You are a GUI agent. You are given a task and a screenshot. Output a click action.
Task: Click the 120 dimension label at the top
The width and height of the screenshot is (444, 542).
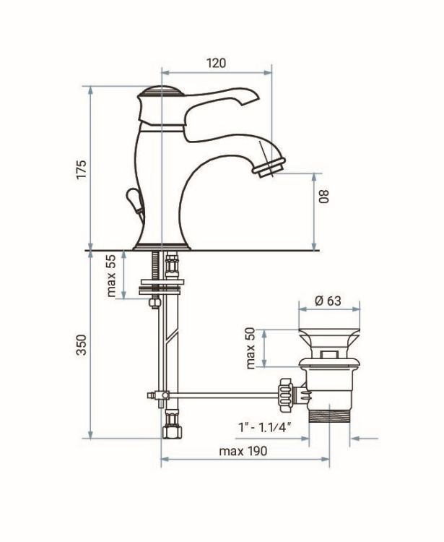[x=216, y=64]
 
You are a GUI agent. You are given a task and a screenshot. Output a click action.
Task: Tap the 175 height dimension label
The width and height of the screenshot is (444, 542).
[x=82, y=169]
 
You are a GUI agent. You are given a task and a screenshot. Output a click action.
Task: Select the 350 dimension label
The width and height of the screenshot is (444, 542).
[x=82, y=345]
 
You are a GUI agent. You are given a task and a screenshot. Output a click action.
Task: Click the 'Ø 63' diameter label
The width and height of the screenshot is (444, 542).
[x=328, y=301]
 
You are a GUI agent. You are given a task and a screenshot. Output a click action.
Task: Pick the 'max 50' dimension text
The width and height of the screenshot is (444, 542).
[x=251, y=348]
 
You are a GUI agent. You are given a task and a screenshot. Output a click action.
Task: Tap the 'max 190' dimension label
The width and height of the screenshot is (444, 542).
[x=243, y=451]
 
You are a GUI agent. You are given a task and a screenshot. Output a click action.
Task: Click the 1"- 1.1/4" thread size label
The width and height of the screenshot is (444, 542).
[x=264, y=428]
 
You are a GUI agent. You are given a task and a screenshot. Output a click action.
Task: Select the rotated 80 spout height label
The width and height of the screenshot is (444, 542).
[x=324, y=196]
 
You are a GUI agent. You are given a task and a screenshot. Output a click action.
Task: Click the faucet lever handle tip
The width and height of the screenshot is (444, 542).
[x=254, y=95]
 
